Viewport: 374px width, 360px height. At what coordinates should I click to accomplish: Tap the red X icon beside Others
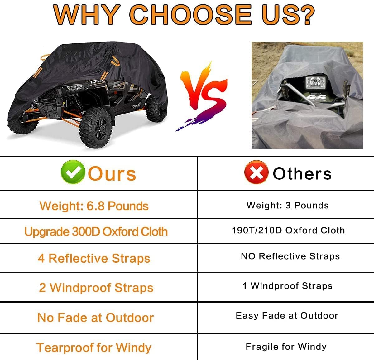point(256,172)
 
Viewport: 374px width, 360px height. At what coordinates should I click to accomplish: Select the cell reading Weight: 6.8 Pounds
point(94,206)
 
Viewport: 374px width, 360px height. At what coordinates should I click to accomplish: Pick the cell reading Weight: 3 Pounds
point(287,205)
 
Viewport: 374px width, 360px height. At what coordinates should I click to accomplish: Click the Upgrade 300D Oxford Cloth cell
point(96,231)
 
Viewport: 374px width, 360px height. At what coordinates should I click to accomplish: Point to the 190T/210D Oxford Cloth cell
point(288,230)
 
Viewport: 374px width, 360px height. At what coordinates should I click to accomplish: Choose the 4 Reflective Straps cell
point(94,258)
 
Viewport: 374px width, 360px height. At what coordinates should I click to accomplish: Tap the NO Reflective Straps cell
point(290,256)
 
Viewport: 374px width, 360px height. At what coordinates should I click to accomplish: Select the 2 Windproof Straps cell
point(96,288)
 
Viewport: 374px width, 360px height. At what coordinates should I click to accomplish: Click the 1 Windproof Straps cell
point(287,286)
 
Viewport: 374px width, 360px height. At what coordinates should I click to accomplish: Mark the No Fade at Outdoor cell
point(95,318)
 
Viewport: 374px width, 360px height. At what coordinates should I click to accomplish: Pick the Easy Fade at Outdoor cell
point(287,315)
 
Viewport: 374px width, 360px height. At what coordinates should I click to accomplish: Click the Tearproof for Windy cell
point(94,347)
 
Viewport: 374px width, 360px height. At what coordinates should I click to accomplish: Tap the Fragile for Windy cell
point(286,347)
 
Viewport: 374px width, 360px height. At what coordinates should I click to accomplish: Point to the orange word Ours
point(112,174)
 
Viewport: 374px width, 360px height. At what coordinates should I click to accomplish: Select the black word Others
point(302,173)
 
